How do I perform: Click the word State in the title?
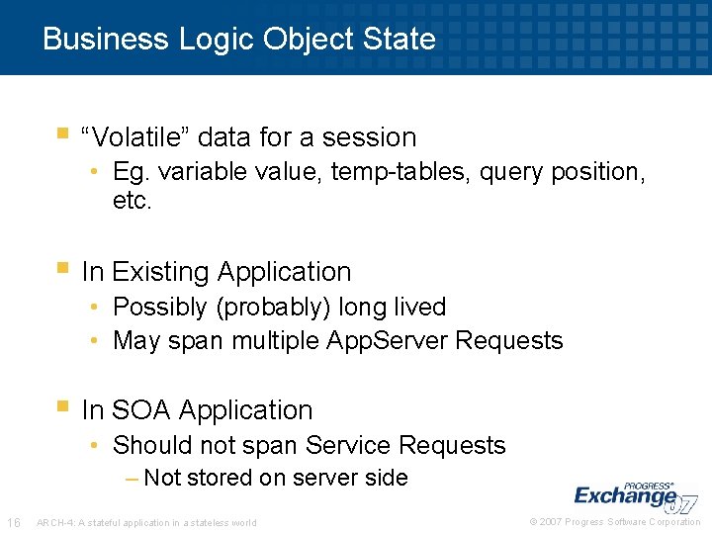[x=401, y=39]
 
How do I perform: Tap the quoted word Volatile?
[x=137, y=137]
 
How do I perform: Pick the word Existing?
[x=160, y=272]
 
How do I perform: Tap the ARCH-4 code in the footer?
[x=51, y=523]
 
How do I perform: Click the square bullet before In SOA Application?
[x=62, y=405]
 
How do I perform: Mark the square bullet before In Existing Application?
[x=62, y=267]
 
